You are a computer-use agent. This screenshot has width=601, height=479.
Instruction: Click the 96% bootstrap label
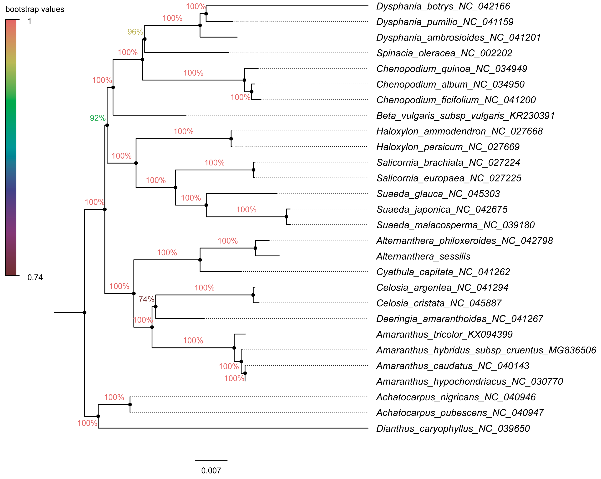(x=135, y=32)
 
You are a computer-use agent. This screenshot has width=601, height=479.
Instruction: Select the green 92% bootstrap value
(x=98, y=118)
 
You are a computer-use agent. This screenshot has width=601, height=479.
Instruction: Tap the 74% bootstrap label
(x=146, y=299)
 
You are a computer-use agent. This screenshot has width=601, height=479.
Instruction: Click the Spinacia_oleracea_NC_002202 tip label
(x=444, y=53)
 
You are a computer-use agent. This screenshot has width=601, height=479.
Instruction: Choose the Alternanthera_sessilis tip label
(x=423, y=256)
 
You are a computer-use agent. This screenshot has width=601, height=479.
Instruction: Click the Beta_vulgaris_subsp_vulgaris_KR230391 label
(x=465, y=115)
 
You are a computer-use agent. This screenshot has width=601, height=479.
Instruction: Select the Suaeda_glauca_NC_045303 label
(x=438, y=194)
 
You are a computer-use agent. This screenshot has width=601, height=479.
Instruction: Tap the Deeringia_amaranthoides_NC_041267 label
(x=459, y=318)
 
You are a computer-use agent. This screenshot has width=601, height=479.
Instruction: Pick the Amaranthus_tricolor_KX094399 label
(x=444, y=334)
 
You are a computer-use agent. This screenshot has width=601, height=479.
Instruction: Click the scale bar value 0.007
(x=211, y=471)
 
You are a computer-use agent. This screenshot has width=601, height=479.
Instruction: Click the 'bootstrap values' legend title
(x=35, y=9)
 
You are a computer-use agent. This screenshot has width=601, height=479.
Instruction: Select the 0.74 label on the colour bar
(x=35, y=277)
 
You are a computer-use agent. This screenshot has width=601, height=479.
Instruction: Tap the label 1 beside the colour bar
(x=30, y=21)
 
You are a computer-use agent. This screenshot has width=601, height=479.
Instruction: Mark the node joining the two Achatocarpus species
(x=130, y=404)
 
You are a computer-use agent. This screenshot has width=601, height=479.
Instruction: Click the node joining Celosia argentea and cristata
(x=253, y=295)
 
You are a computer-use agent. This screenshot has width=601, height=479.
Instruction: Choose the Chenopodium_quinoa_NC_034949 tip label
(x=452, y=69)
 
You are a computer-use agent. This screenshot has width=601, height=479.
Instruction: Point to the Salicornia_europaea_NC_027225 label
(x=449, y=178)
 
